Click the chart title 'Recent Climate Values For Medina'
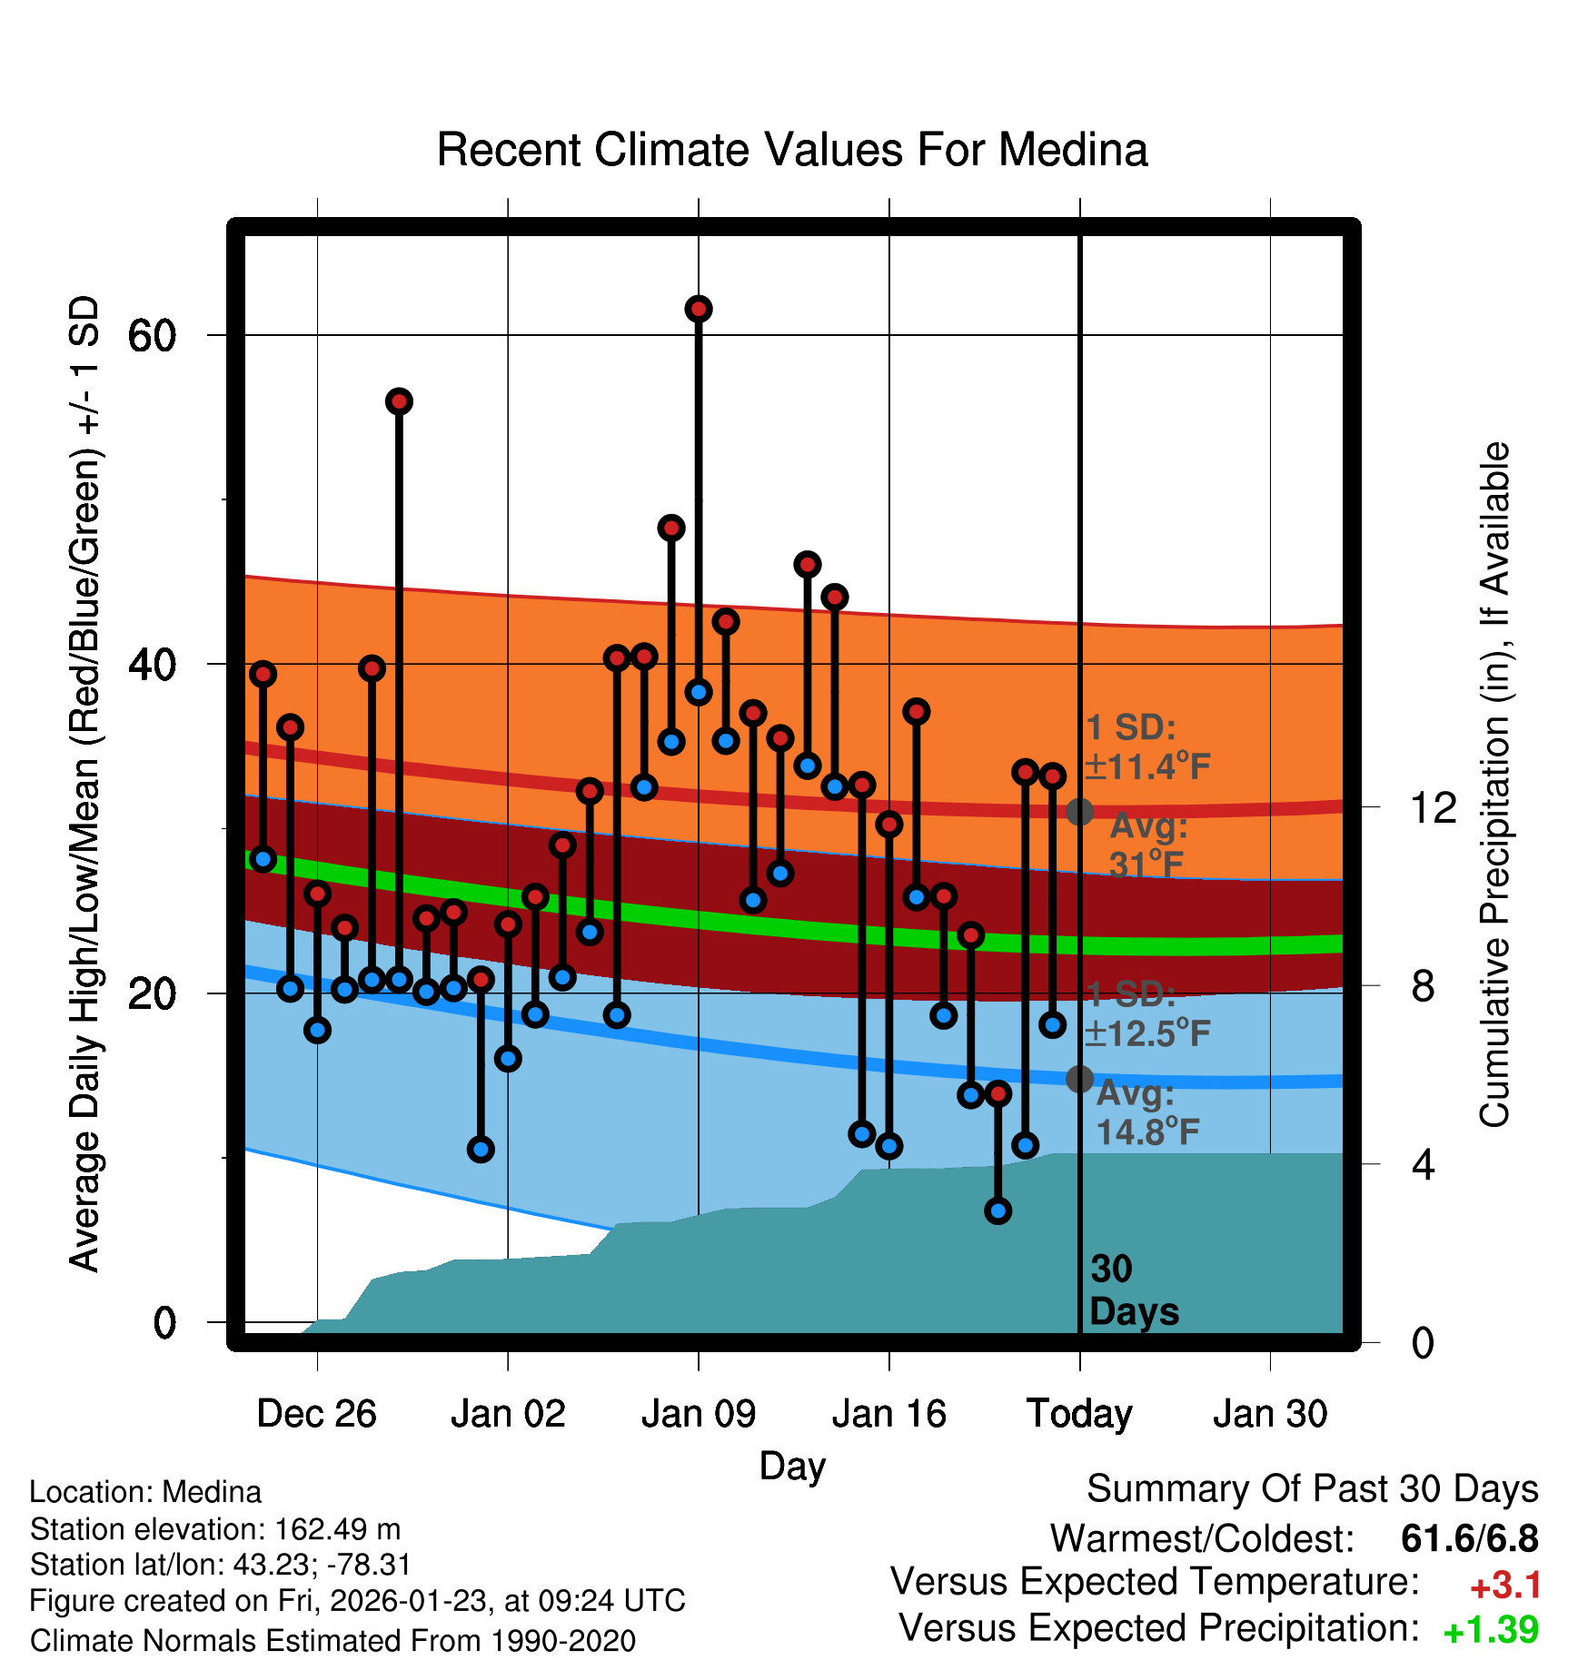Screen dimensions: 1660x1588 pyautogui.click(x=792, y=150)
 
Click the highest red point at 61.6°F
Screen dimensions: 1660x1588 pyautogui.click(x=698, y=310)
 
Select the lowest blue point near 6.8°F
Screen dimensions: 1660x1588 pyautogui.click(x=997, y=1210)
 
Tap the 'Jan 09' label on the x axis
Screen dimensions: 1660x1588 pyautogui.click(x=698, y=1414)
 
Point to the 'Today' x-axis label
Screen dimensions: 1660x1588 pyautogui.click(x=1079, y=1414)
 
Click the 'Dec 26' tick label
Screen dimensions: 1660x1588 pyautogui.click(x=316, y=1414)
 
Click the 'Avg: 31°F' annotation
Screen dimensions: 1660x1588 pyautogui.click(x=1148, y=845)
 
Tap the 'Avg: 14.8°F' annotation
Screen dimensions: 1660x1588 pyautogui.click(x=1147, y=1112)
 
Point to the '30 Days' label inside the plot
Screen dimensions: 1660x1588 pyautogui.click(x=1133, y=1290)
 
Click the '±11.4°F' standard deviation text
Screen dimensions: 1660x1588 pyautogui.click(x=1148, y=767)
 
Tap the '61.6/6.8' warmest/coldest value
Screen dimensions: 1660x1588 pyautogui.click(x=1469, y=1538)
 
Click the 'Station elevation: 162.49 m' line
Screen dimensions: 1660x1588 pyautogui.click(x=215, y=1529)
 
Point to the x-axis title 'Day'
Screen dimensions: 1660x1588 pyautogui.click(x=792, y=1466)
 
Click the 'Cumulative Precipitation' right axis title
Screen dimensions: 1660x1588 pyautogui.click(x=1494, y=786)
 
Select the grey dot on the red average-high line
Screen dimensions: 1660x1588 pyautogui.click(x=1079, y=812)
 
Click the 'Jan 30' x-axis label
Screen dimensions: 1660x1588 pyautogui.click(x=1270, y=1414)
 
